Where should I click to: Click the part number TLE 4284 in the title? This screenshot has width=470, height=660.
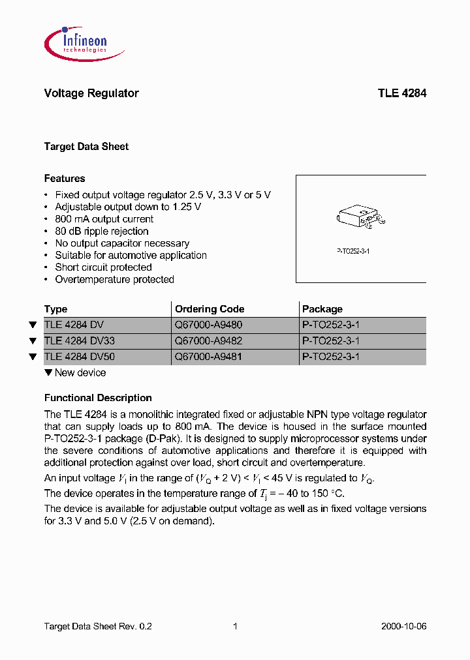(401, 93)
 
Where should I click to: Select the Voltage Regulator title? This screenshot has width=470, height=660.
(91, 93)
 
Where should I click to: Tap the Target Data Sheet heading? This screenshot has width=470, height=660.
(86, 147)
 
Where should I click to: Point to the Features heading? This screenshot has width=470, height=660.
(65, 179)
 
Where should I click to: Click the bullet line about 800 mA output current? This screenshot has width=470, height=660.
(104, 219)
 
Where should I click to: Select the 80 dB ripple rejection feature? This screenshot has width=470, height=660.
(101, 232)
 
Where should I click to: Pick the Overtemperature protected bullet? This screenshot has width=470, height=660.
(114, 280)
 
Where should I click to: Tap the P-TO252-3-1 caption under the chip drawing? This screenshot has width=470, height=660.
(353, 251)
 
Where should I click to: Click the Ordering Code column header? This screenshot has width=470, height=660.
(210, 309)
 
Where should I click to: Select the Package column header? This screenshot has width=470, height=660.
(322, 309)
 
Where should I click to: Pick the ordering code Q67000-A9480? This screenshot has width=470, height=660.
(208, 325)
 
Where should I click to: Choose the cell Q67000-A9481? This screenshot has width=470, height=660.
(208, 357)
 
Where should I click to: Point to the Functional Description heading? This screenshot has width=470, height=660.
(98, 398)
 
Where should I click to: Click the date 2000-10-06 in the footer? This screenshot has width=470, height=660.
(403, 626)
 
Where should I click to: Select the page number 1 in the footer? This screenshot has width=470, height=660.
(235, 626)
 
